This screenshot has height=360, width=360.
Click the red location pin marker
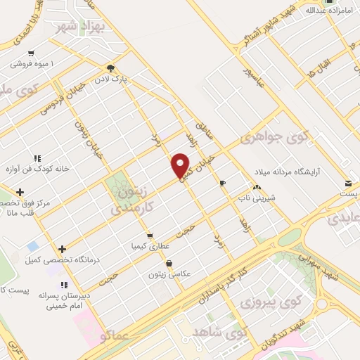pyautogui.click(x=181, y=165)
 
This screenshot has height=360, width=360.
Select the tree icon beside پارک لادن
pyautogui.click(x=111, y=68)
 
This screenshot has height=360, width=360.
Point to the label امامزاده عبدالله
pyautogui.click(x=327, y=11)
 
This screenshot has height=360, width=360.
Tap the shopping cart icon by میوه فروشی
pyautogui.click(x=31, y=53)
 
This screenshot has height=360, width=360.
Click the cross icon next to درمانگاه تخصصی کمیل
pyautogui.click(x=63, y=248)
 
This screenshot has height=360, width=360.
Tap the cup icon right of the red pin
pyautogui.click(x=223, y=183)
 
